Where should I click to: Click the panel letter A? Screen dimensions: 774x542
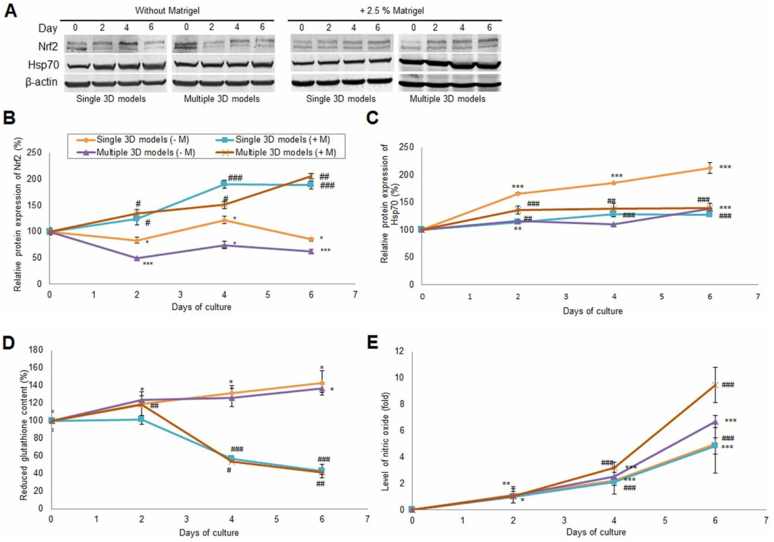[11, 10]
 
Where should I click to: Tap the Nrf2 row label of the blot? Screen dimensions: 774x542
[48, 47]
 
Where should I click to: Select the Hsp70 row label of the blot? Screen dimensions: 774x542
[43, 65]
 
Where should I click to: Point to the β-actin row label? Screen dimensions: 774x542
[42, 82]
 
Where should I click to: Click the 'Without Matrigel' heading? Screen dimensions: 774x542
[167, 11]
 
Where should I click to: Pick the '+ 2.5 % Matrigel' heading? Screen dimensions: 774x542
[392, 11]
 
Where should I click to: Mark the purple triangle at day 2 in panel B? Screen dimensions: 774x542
[137, 258]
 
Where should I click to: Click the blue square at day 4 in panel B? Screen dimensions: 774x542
[224, 183]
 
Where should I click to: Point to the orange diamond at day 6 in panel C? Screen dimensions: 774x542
[710, 168]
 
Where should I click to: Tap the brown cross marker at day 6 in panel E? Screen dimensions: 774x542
[715, 385]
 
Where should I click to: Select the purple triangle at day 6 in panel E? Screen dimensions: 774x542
[715, 422]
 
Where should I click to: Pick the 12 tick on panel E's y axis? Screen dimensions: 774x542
[399, 351]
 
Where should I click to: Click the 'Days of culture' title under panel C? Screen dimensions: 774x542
[592, 311]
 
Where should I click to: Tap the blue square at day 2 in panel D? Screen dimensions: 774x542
[141, 419]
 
